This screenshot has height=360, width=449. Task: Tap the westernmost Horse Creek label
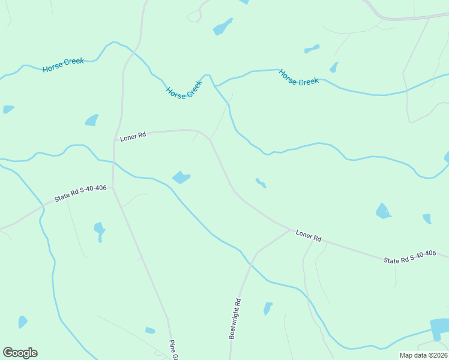click(x=63, y=65)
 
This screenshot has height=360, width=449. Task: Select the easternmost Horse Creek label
click(x=298, y=77)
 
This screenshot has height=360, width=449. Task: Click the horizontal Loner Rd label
click(x=133, y=137)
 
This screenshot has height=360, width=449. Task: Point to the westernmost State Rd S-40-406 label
click(x=80, y=193)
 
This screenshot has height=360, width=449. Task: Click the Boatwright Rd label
click(x=235, y=319)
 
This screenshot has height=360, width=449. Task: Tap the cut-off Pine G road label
click(x=172, y=350)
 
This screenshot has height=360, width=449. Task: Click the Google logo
click(x=20, y=353)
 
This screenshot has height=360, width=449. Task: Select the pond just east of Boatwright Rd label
click(x=268, y=308)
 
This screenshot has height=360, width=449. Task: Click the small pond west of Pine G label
click(x=150, y=330)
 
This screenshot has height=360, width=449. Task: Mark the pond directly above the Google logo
click(x=22, y=322)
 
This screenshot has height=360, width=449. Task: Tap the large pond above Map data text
click(x=440, y=328)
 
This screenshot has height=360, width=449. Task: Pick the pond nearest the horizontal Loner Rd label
click(x=92, y=120)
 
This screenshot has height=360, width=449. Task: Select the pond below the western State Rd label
click(x=99, y=230)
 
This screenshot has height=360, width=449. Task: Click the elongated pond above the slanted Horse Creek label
click(x=222, y=26)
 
